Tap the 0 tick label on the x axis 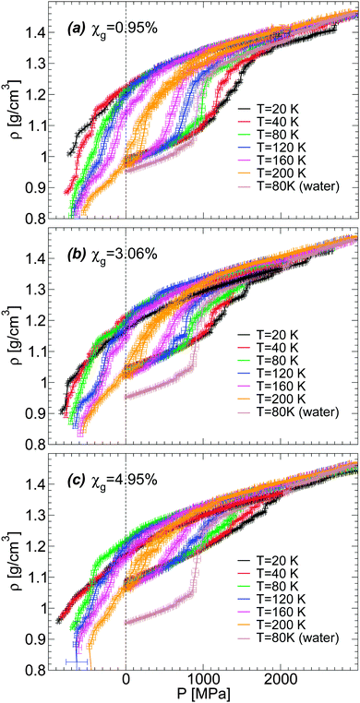coord(126,679)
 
